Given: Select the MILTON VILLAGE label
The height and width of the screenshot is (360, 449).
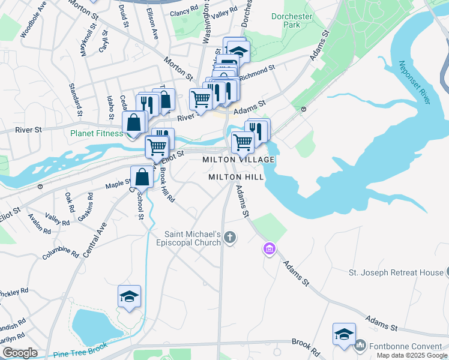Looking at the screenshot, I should pyautogui.click(x=238, y=160).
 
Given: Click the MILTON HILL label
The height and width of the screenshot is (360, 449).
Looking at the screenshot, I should pyautogui.click(x=236, y=178).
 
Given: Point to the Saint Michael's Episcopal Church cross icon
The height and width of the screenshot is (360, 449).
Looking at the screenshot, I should pyautogui.click(x=229, y=239).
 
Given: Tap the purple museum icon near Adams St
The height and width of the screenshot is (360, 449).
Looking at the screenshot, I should pyautogui.click(x=269, y=248).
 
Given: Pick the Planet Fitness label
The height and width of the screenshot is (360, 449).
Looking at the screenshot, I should pyautogui.click(x=98, y=134).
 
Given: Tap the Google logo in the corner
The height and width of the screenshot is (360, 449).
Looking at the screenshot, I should pyautogui.click(x=19, y=353).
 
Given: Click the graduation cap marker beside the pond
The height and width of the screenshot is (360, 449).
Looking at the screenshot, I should pyautogui.click(x=129, y=297).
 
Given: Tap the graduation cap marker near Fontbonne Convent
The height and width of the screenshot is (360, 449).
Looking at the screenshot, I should pyautogui.click(x=344, y=335).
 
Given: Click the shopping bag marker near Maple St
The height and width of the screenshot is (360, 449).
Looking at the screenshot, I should pyautogui.click(x=142, y=177).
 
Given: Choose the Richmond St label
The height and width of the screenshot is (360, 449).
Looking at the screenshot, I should pyautogui.click(x=257, y=73).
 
